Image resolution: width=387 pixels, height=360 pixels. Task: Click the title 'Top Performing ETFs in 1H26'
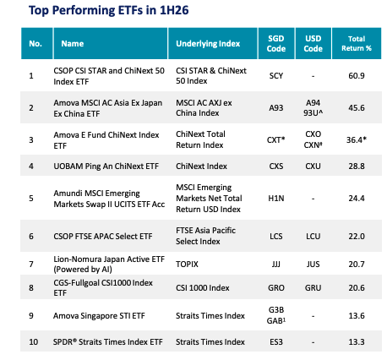pyautogui.click(x=109, y=10)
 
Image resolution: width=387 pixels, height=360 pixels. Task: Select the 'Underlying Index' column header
pyautogui.click(x=208, y=44)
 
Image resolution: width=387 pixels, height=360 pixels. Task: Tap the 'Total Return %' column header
pyautogui.click(x=357, y=43)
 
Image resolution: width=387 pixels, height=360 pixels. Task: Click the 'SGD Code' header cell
pyautogui.click(x=276, y=43)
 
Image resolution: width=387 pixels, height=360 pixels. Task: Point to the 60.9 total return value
pyautogui.click(x=357, y=76)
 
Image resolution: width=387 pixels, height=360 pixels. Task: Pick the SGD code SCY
pyautogui.click(x=276, y=76)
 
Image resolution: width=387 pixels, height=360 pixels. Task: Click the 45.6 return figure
pyautogui.click(x=357, y=108)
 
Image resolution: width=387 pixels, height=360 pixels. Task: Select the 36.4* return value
pyautogui.click(x=357, y=139)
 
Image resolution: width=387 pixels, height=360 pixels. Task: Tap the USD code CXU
pyautogui.click(x=313, y=166)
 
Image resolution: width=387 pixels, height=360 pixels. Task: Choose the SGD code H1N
pyautogui.click(x=276, y=199)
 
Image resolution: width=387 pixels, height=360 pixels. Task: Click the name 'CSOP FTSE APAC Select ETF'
pyautogui.click(x=103, y=236)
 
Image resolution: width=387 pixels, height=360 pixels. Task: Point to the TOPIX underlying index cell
pyautogui.click(x=187, y=265)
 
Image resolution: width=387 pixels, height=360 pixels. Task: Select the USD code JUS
pyautogui.click(x=313, y=265)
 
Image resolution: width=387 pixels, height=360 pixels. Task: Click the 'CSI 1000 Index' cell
pyautogui.click(x=203, y=288)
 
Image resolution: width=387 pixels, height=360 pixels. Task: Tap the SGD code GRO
pyautogui.click(x=276, y=288)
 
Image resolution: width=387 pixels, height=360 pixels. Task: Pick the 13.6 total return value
pyautogui.click(x=357, y=316)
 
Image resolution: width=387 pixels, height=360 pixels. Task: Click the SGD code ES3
pyautogui.click(x=276, y=342)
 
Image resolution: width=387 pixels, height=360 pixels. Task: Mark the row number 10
pyautogui.click(x=33, y=342)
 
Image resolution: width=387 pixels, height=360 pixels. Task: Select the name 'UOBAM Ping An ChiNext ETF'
pyautogui.click(x=106, y=166)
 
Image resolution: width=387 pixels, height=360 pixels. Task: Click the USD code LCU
pyautogui.click(x=313, y=236)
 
